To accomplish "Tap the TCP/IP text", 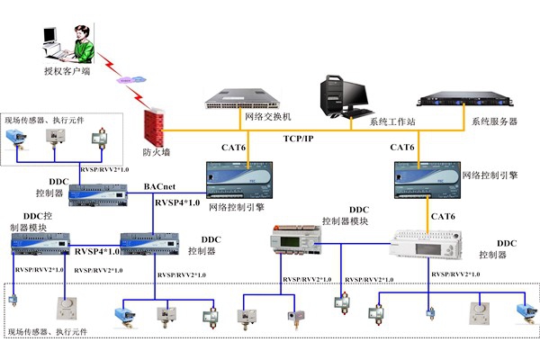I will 300,139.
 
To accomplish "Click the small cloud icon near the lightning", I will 129,83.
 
